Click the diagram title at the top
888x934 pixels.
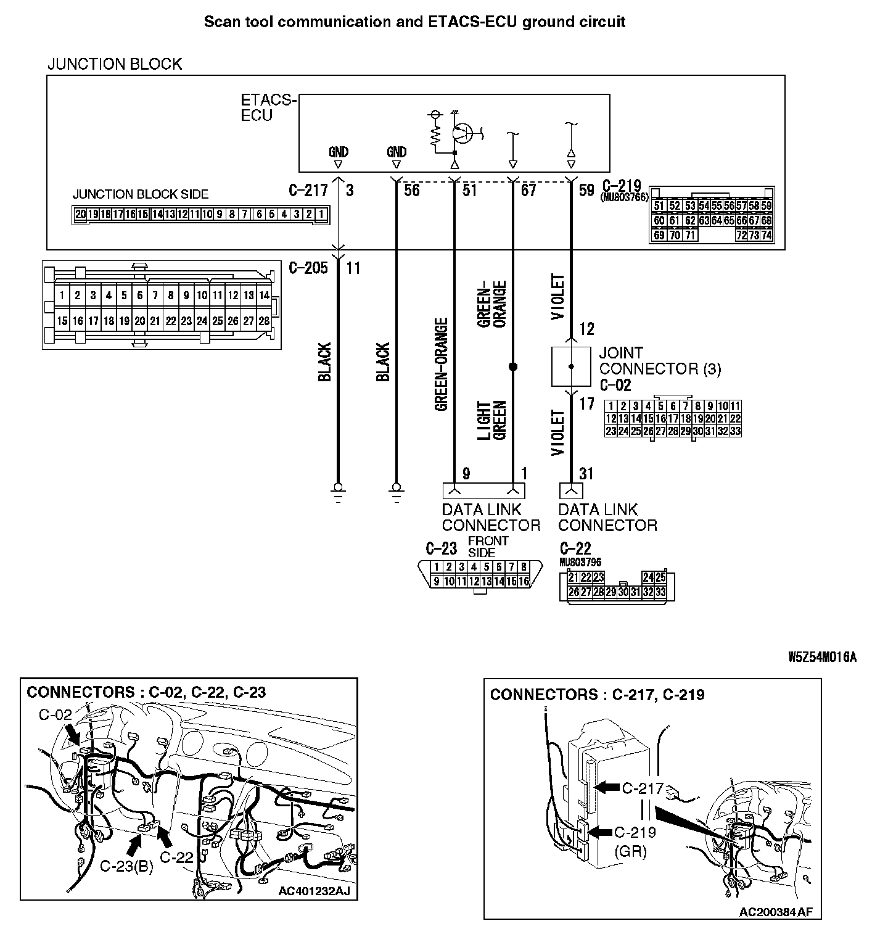[x=414, y=22]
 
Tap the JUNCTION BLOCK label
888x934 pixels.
[x=115, y=64]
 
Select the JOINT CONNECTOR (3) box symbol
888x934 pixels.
[x=571, y=366]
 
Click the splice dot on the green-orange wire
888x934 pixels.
[x=512, y=366]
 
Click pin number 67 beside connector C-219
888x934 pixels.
[x=528, y=190]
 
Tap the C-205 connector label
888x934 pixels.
[x=308, y=268]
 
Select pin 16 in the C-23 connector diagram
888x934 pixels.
[x=524, y=581]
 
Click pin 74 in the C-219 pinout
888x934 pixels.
[x=767, y=235]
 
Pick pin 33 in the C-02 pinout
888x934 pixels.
[x=734, y=431]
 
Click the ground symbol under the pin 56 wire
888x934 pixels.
[x=396, y=491]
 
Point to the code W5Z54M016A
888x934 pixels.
[x=822, y=656]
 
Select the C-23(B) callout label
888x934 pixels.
[x=126, y=866]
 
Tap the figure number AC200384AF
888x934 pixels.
[x=776, y=912]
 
